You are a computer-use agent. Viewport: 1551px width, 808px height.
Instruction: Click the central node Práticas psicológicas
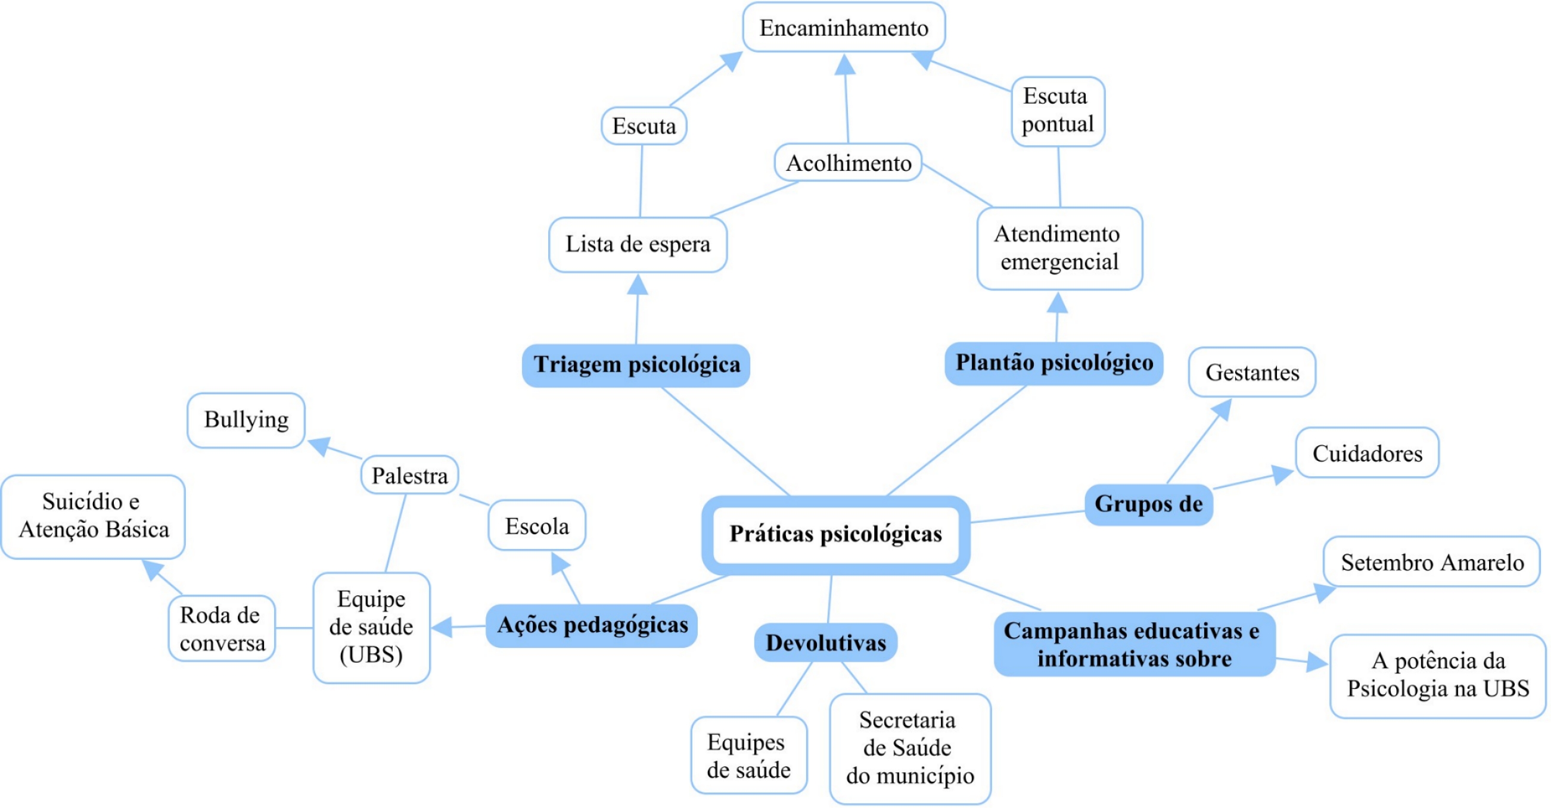[x=836, y=534]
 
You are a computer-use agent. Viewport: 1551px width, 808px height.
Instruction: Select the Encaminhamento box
[x=844, y=27]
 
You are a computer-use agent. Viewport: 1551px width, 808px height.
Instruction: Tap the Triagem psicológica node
[x=636, y=365]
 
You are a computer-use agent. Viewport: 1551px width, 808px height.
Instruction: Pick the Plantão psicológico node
[x=1054, y=363]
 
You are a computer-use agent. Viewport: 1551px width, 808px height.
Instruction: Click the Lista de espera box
[x=638, y=245]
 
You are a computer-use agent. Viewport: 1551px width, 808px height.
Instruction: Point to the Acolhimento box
[x=848, y=163]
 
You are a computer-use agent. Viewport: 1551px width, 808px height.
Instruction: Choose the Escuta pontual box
[x=1057, y=111]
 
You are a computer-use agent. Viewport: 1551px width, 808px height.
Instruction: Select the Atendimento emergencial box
[x=1059, y=248]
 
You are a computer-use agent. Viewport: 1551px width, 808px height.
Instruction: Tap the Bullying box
[x=246, y=420]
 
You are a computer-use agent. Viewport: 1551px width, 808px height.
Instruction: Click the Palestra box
[x=409, y=476]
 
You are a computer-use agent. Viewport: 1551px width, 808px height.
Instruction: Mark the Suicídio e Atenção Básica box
[x=94, y=516]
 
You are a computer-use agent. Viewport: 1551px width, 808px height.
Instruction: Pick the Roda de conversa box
[x=222, y=629]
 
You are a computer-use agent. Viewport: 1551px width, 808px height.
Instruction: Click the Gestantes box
[x=1252, y=373]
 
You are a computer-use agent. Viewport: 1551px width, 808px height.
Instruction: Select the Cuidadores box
[x=1367, y=454]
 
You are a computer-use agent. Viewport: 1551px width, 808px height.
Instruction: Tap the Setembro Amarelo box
[x=1432, y=563]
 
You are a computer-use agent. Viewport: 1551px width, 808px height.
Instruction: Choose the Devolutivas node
[x=825, y=643]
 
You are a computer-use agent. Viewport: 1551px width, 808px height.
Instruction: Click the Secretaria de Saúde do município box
[x=910, y=748]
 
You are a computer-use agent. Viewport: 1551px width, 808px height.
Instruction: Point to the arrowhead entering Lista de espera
[x=638, y=285]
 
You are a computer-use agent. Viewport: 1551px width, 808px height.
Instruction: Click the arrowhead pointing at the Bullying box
[x=319, y=445]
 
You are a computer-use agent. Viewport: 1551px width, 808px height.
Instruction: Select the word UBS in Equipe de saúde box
[x=371, y=655]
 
